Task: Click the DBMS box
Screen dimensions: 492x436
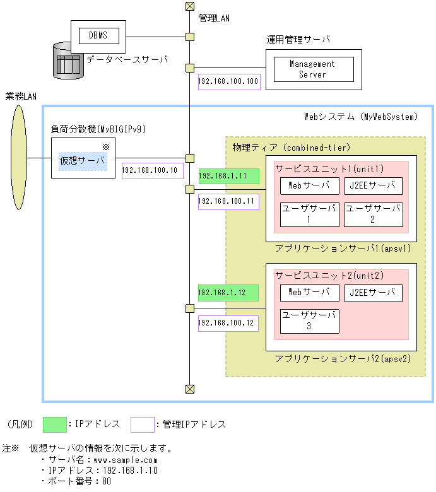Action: (98, 36)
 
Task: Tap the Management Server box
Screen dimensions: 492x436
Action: (312, 69)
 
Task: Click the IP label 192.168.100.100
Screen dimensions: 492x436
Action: (228, 82)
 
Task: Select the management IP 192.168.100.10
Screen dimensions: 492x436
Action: (152, 170)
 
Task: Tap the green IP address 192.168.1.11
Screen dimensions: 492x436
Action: (228, 176)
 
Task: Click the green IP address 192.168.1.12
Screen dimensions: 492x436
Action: (228, 293)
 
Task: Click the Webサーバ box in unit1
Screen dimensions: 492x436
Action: (309, 186)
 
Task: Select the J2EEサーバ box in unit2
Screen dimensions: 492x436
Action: (374, 293)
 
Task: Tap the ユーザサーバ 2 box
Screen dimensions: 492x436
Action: (374, 214)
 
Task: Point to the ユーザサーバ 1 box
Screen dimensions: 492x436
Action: (309, 214)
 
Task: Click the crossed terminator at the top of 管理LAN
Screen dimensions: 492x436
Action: (189, 6)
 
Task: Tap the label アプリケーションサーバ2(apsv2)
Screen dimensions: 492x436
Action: (343, 359)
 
